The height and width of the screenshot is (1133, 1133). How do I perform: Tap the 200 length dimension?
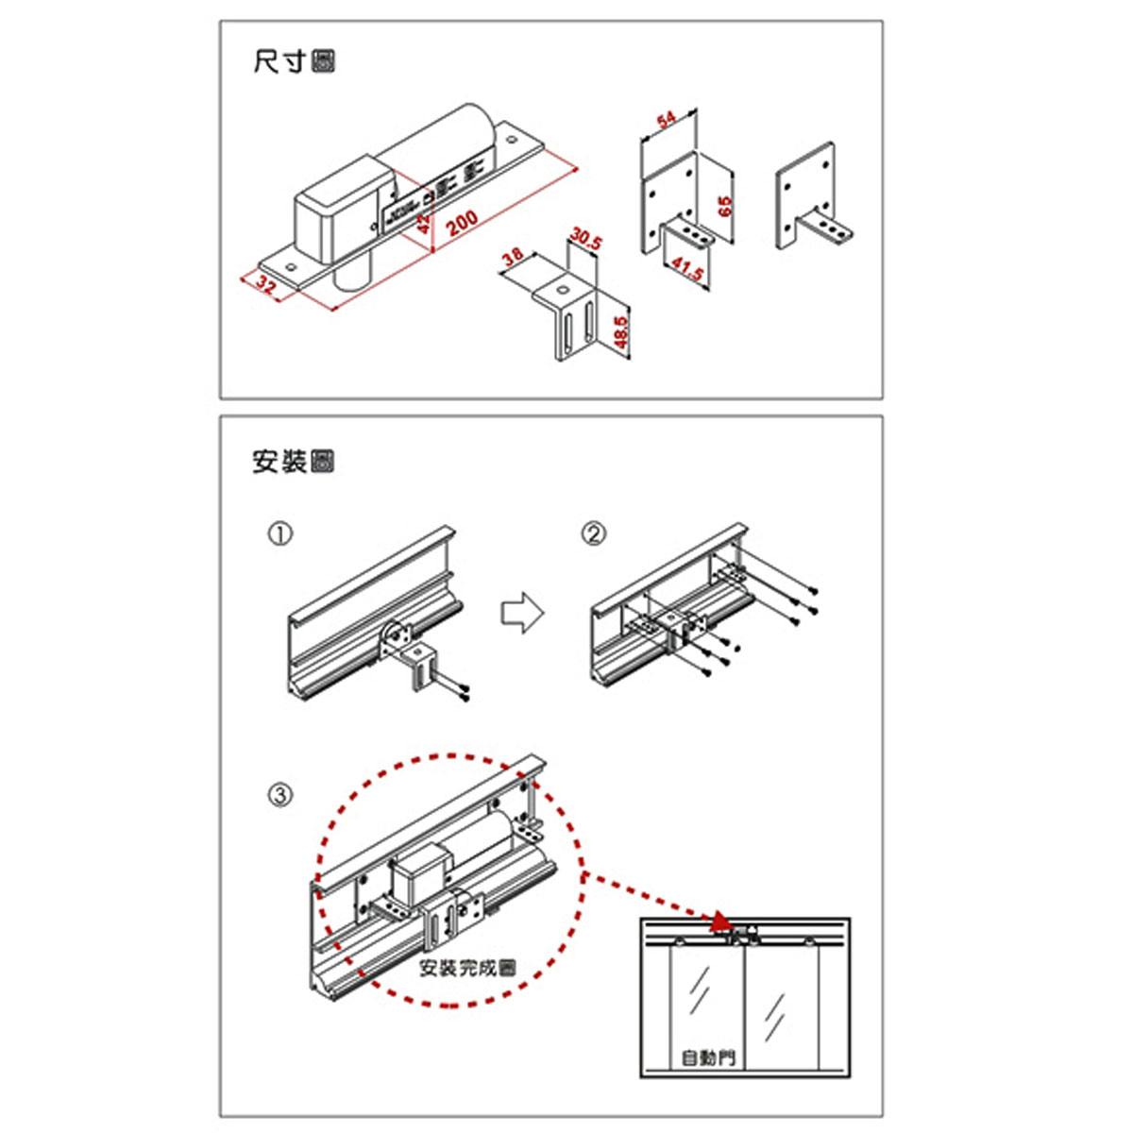click(462, 222)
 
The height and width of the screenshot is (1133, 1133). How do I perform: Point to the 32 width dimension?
click(267, 285)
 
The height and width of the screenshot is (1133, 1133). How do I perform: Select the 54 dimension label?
click(667, 119)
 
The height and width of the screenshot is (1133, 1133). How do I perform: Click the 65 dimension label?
click(725, 206)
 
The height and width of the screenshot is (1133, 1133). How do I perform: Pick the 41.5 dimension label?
click(688, 270)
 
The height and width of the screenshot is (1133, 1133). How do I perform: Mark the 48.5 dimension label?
click(620, 333)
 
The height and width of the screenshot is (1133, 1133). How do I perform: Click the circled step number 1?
click(280, 533)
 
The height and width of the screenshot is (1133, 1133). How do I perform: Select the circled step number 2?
click(593, 534)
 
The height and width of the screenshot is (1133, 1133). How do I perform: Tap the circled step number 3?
click(280, 795)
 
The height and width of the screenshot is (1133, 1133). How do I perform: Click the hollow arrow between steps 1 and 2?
click(522, 612)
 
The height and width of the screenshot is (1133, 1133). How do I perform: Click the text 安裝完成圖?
click(468, 968)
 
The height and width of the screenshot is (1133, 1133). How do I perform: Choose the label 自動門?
click(707, 1057)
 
